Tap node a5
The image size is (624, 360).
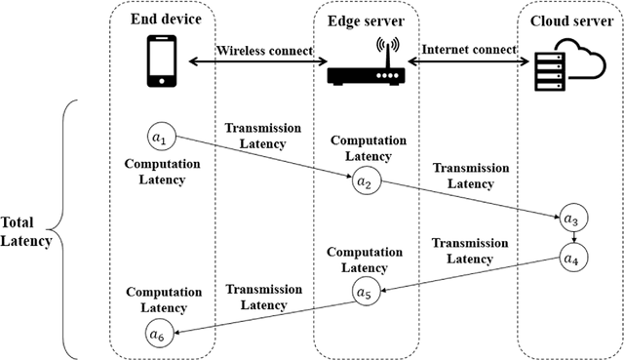pyautogui.click(x=363, y=291)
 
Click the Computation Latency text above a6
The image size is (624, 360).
pyautogui.click(x=163, y=300)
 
